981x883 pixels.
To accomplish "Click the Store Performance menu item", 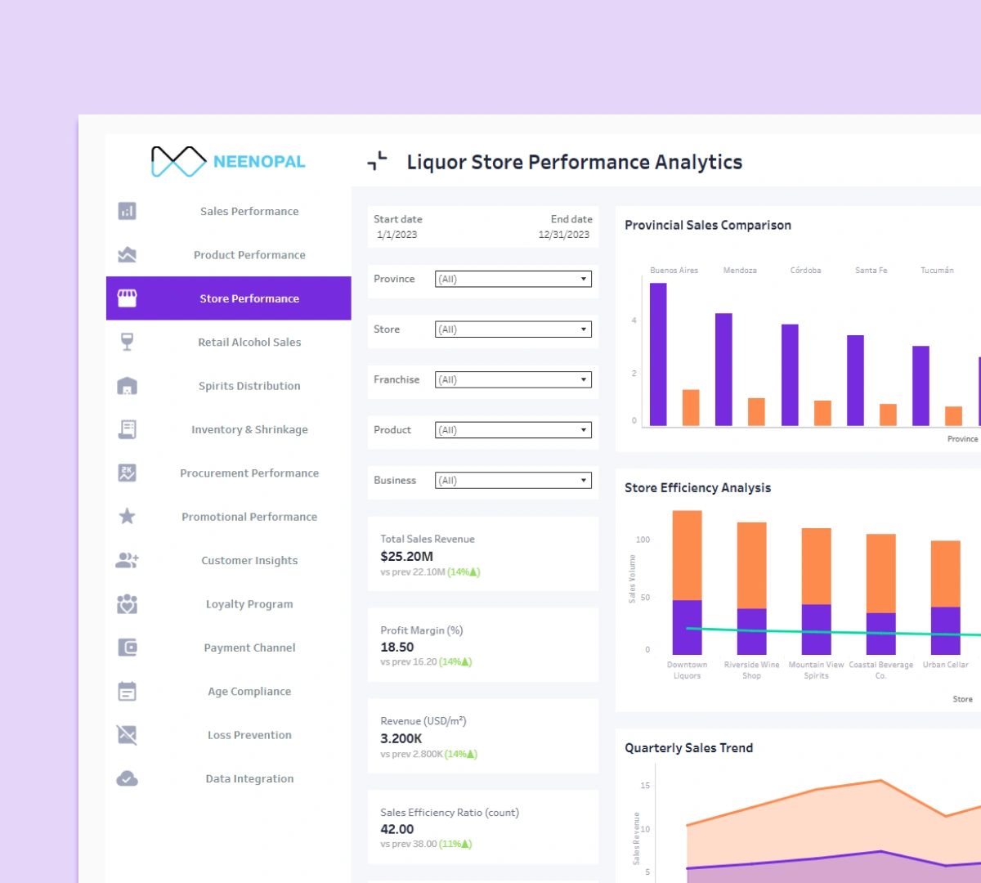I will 249,298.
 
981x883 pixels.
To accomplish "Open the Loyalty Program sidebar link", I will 249,604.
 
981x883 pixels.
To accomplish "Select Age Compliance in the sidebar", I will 249,692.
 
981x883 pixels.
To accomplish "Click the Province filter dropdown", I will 513,279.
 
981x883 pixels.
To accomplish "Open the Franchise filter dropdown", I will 513,380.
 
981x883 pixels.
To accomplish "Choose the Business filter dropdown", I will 513,481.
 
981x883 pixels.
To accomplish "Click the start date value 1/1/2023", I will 397,235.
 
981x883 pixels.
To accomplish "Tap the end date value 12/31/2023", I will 563,235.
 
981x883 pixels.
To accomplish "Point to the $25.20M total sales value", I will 406,557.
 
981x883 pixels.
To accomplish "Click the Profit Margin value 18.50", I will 397,648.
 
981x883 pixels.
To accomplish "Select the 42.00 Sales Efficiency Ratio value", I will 397,829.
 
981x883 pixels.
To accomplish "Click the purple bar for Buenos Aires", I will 658,355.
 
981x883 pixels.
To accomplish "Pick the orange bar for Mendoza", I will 756,412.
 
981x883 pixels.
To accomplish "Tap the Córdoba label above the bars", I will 805,271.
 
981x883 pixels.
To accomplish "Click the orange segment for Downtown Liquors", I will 687,555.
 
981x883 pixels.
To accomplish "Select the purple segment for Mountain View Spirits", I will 816,630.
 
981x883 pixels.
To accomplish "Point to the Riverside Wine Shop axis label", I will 751,670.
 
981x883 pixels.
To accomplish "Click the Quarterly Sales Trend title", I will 688,748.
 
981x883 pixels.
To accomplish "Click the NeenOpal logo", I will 228,162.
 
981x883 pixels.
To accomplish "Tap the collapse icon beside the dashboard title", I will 377,161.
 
